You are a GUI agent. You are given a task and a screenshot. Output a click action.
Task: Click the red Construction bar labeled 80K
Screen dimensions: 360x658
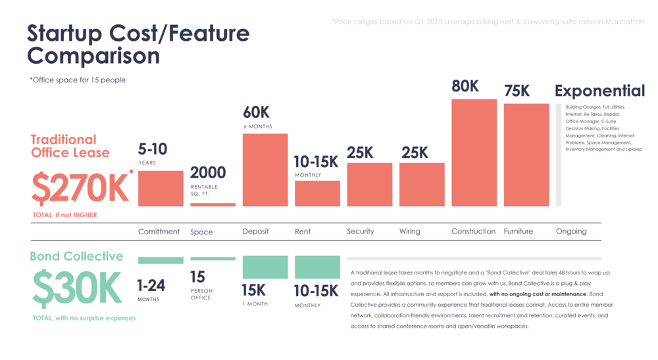pyautogui.click(x=474, y=153)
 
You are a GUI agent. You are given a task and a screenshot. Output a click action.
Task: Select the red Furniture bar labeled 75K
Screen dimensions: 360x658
pyautogui.click(x=526, y=155)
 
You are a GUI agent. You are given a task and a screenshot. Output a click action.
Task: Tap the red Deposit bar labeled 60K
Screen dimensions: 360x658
pyautogui.click(x=265, y=170)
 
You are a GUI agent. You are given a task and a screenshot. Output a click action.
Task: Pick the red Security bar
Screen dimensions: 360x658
pyautogui.click(x=369, y=184)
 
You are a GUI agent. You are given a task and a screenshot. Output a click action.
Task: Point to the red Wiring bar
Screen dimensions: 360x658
pyautogui.click(x=422, y=184)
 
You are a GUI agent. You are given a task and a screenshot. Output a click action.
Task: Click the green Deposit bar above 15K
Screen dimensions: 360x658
pyautogui.click(x=265, y=267)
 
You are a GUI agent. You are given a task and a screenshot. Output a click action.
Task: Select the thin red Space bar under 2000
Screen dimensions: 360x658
pyautogui.click(x=213, y=205)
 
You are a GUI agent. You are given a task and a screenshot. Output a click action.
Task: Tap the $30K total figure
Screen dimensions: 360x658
pyautogui.click(x=77, y=288)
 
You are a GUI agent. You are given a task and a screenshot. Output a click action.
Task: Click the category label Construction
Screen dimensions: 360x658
pyautogui.click(x=473, y=231)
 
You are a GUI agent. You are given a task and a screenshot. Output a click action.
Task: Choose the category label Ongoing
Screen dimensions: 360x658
pyautogui.click(x=570, y=231)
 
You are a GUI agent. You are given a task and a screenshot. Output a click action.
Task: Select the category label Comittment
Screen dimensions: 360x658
pyautogui.click(x=159, y=231)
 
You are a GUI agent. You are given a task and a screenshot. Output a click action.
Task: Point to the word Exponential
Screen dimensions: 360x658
pyautogui.click(x=599, y=91)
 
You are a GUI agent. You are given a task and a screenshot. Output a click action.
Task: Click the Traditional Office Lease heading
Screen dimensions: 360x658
pyautogui.click(x=70, y=146)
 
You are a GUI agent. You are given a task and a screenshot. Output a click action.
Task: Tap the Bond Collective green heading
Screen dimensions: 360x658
pyautogui.click(x=76, y=256)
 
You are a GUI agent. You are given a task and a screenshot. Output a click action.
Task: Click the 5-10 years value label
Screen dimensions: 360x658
pyautogui.click(x=152, y=149)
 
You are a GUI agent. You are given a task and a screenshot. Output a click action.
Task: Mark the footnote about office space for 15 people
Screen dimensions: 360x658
pyautogui.click(x=77, y=80)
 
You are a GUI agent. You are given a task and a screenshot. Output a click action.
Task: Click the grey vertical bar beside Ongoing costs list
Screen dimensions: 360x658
pyautogui.click(x=559, y=155)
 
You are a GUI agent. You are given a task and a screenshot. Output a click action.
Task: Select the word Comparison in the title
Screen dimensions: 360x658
pyautogui.click(x=93, y=55)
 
